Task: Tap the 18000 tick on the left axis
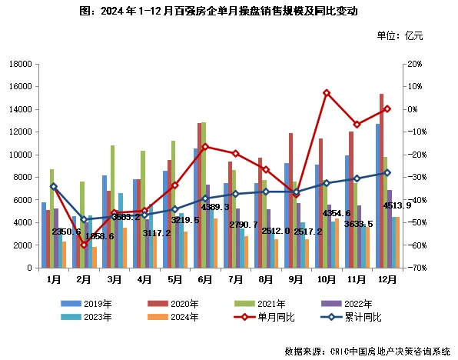click(x=19, y=64)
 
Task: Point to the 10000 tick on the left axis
click(x=19, y=155)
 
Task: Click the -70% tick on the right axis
click(x=416, y=268)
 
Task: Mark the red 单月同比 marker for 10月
click(x=327, y=92)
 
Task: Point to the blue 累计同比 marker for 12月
click(x=387, y=172)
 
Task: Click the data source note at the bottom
click(x=367, y=351)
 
